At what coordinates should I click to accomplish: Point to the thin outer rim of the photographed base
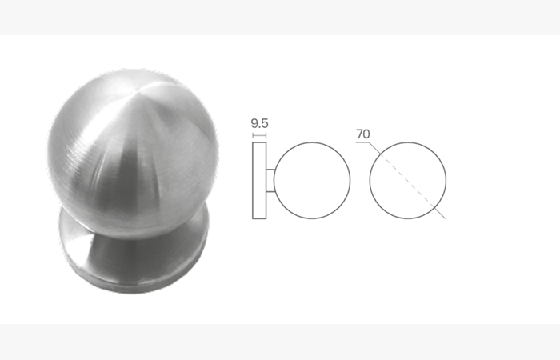(x=133, y=288)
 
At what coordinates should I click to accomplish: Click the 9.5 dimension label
(x=260, y=123)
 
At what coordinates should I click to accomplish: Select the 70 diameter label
(x=363, y=134)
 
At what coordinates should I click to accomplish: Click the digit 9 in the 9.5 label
(x=254, y=123)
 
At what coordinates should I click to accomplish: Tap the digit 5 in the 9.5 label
(x=264, y=123)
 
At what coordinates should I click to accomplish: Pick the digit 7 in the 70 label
(x=359, y=134)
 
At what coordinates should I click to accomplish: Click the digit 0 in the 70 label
(x=366, y=134)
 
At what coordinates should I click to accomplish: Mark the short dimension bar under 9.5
(x=259, y=135)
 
